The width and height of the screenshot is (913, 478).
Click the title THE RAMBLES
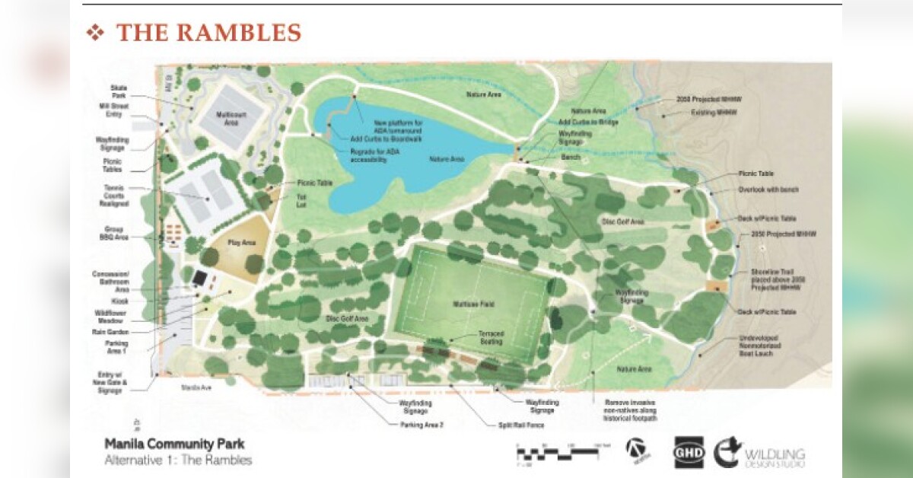pos(208,33)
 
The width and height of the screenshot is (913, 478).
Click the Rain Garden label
pos(114,332)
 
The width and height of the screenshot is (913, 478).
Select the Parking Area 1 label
pos(116,346)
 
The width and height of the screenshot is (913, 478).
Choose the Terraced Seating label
pos(490,338)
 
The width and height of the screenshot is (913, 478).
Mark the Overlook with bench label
pos(763,190)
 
